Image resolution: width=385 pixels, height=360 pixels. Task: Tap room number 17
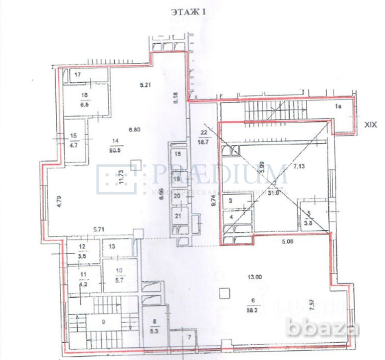point(78,74)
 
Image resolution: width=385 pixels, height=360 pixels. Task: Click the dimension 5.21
point(145,86)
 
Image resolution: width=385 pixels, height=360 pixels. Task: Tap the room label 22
point(203,132)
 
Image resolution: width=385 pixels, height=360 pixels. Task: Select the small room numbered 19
point(176,179)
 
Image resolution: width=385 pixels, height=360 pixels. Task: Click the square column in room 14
point(137,164)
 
